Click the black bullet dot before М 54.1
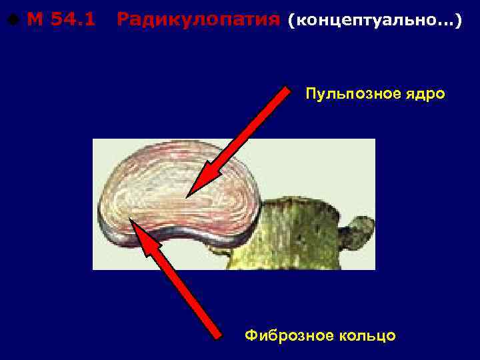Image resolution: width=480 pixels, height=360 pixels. pyautogui.click(x=14, y=21)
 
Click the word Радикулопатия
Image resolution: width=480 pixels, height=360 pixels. pyautogui.click(x=198, y=21)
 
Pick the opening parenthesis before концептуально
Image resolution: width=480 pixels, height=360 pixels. pyautogui.click(x=290, y=21)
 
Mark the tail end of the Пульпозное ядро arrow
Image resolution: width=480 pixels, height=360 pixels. pyautogui.click(x=287, y=91)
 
